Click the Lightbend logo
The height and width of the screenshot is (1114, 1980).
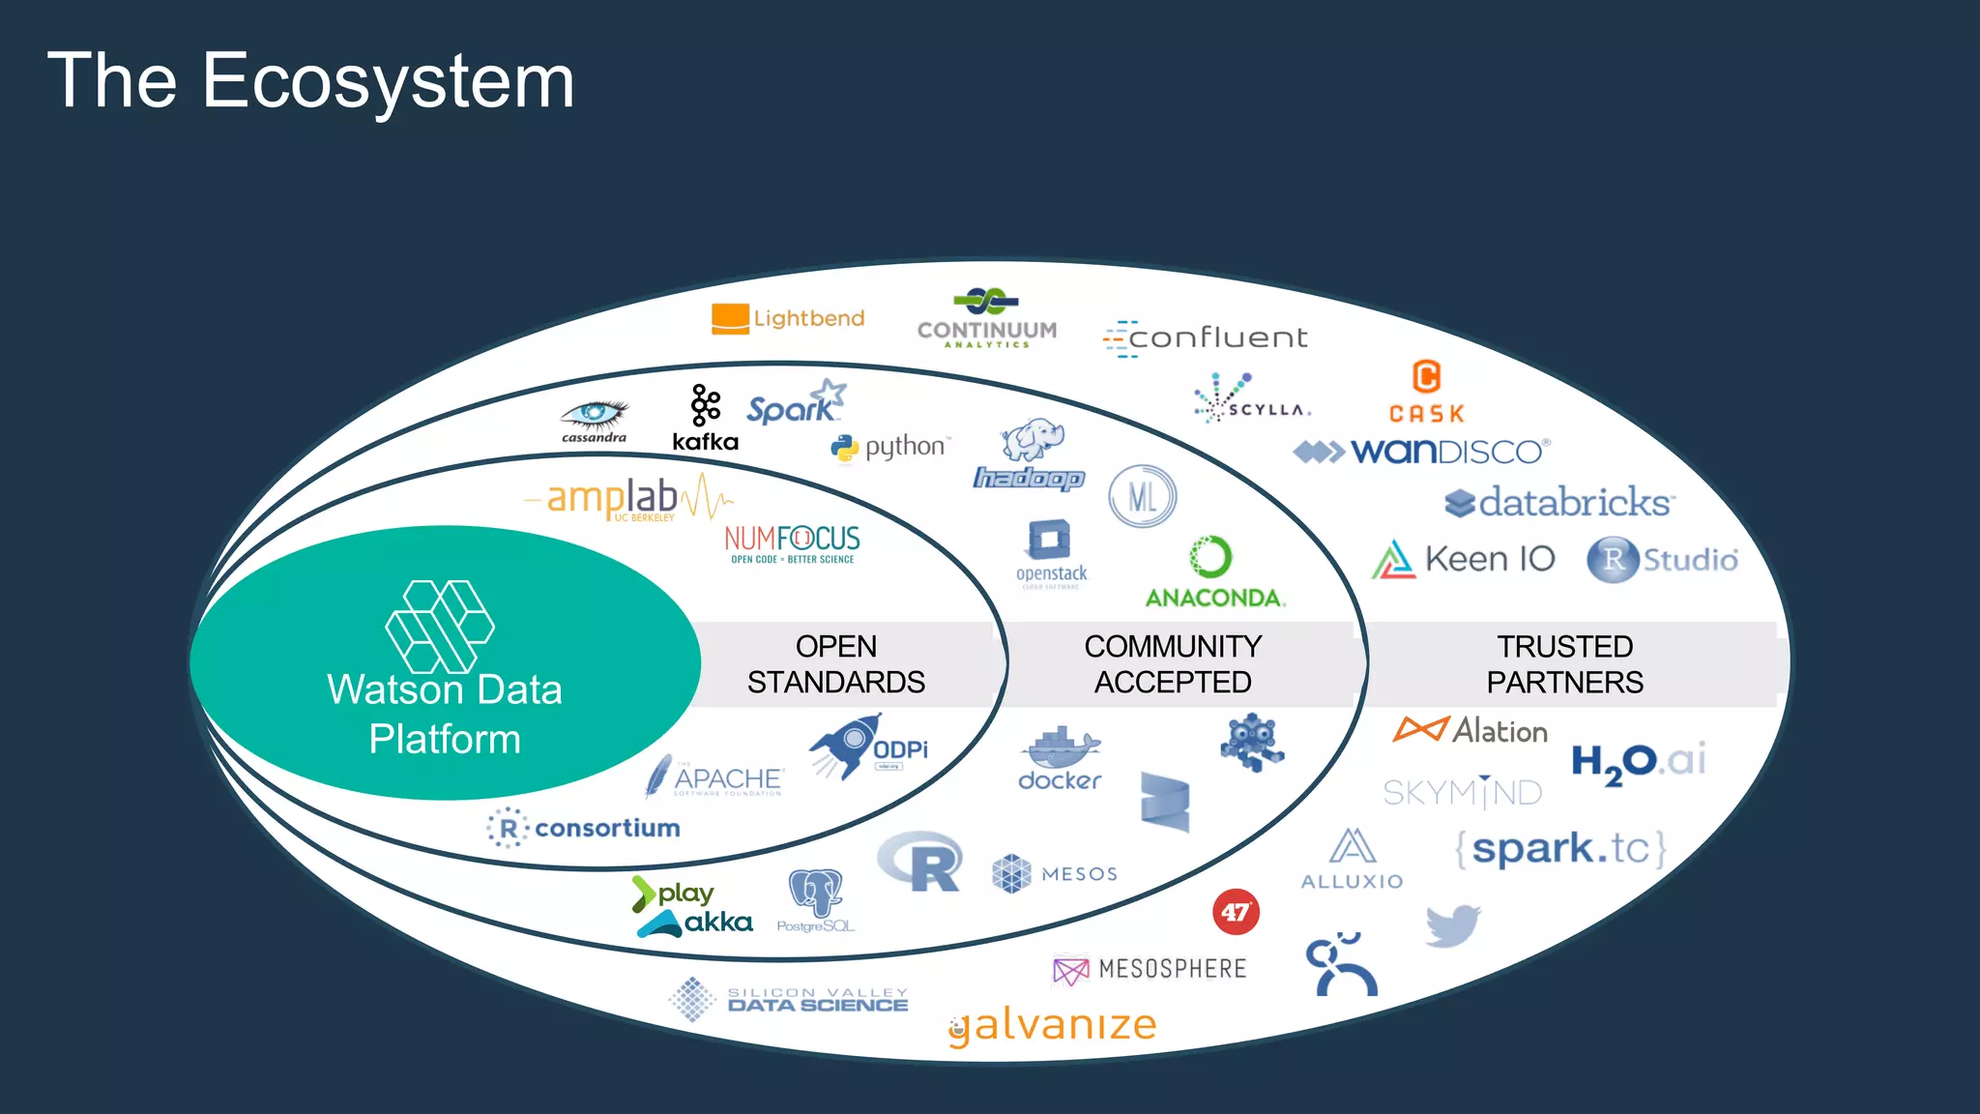[788, 318]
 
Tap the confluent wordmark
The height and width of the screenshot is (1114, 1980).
[1208, 337]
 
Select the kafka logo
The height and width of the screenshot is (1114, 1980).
[706, 419]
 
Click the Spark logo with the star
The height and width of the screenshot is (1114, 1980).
[796, 403]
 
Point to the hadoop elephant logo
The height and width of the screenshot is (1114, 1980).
[1031, 454]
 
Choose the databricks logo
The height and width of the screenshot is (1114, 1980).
[1558, 502]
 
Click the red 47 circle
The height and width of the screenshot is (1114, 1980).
[1236, 912]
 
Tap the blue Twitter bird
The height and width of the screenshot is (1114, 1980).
[1452, 925]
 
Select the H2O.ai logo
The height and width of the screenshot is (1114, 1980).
[1638, 762]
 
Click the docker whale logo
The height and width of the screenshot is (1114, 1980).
[1060, 758]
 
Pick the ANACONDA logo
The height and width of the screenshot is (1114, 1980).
[1214, 572]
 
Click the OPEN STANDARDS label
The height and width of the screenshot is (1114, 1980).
[835, 663]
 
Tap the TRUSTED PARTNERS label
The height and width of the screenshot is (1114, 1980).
[1564, 663]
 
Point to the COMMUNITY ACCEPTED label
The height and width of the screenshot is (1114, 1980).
[1172, 663]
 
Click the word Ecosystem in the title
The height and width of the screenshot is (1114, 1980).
[388, 81]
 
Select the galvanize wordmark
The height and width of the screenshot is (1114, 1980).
[1054, 1025]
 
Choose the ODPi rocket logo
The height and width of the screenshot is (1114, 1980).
[868, 747]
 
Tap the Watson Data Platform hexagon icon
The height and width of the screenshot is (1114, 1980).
[440, 627]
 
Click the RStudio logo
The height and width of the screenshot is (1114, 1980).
[1662, 559]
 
